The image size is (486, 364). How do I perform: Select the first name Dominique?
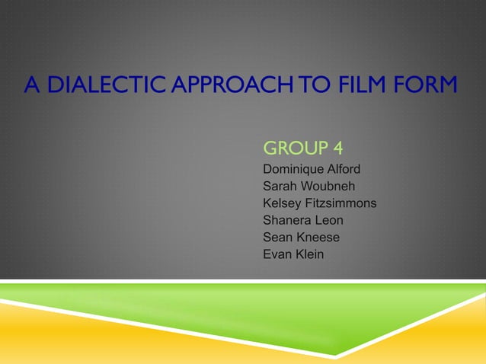pos(293,168)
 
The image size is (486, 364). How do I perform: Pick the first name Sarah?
pos(280,186)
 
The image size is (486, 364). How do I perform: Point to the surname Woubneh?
pos(328,186)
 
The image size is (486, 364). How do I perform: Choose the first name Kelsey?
pos(282,203)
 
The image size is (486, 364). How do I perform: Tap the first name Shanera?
pos(286,220)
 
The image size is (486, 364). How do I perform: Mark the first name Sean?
pos(278,238)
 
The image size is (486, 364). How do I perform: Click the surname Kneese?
pos(319,238)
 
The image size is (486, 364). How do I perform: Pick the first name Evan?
pos(277,254)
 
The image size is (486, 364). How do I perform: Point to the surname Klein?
pos(309,254)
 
